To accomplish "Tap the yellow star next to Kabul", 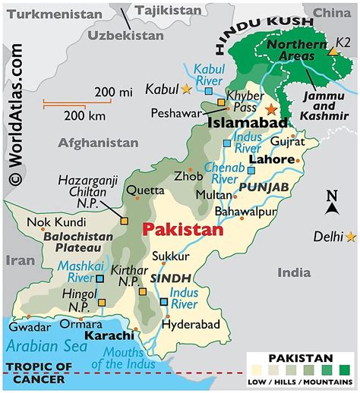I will click(x=187, y=90).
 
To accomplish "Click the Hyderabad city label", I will click(x=189, y=324).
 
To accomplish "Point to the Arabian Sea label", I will click(x=44, y=345).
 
